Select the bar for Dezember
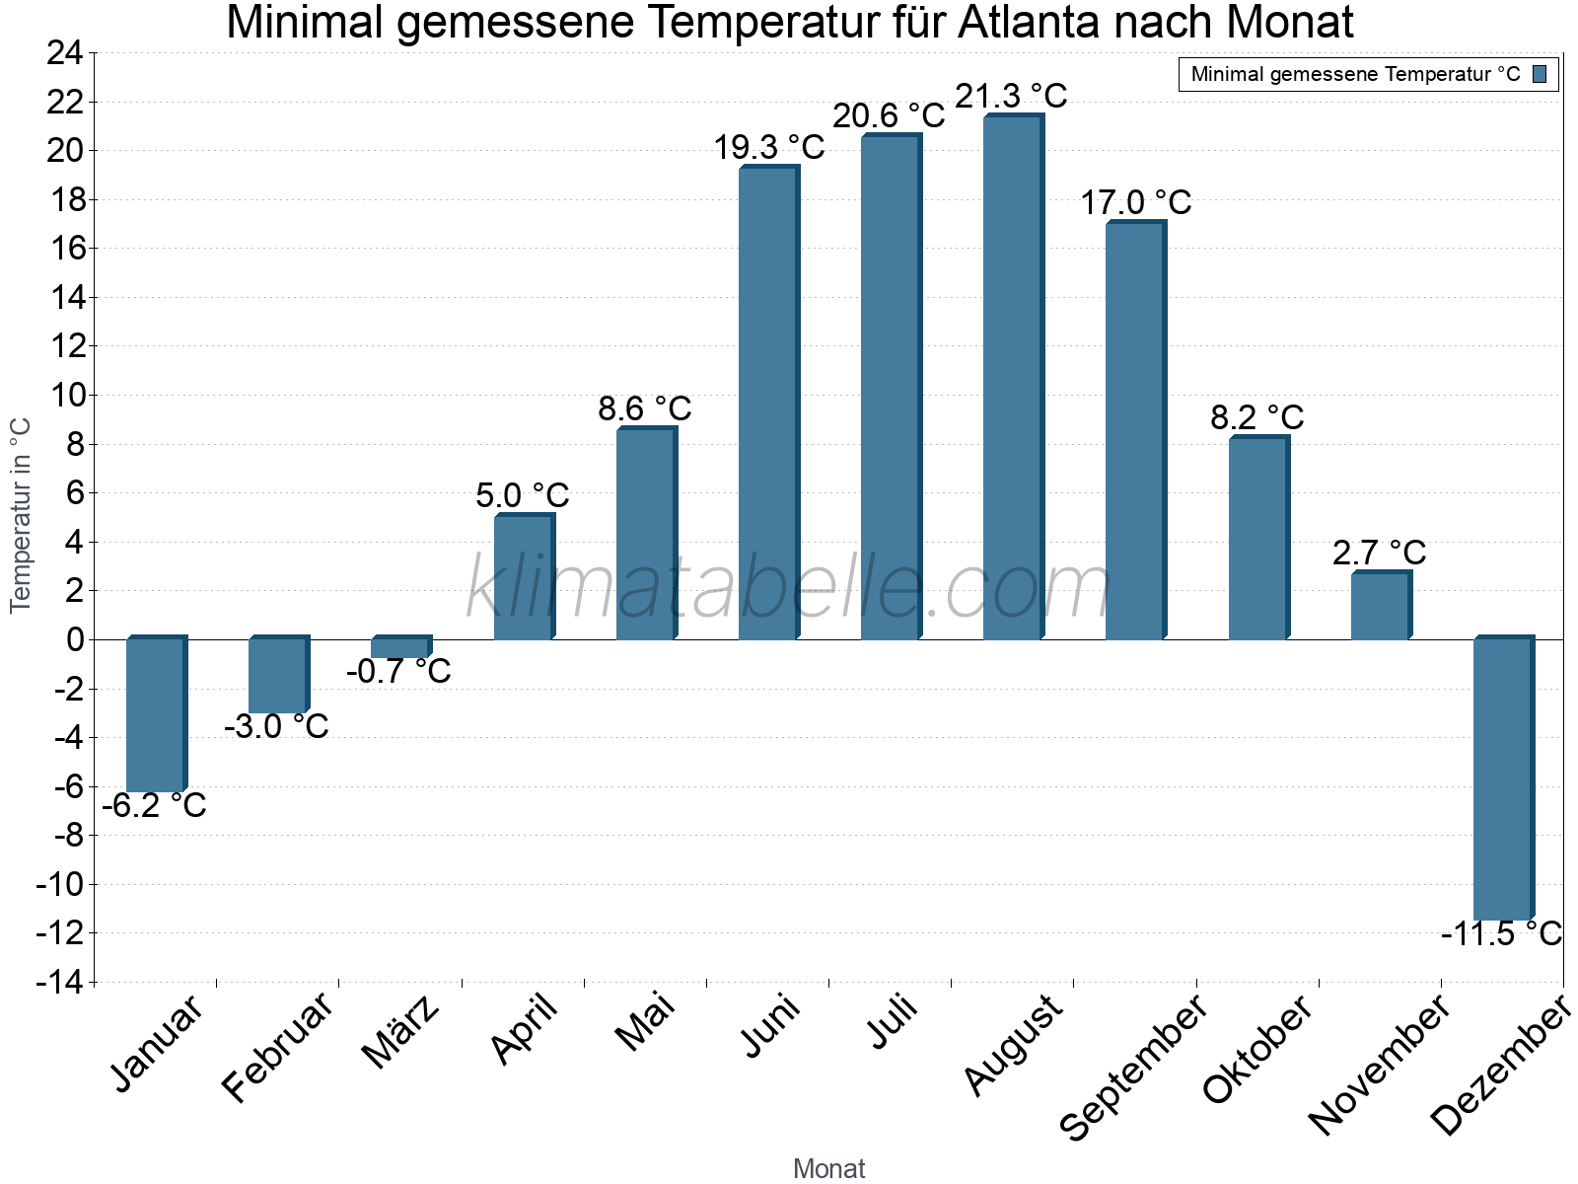coord(1502,779)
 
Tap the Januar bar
coord(155,714)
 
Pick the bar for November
coord(1380,606)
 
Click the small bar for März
coord(399,647)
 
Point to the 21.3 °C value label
coord(1011,97)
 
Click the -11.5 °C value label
coord(1501,933)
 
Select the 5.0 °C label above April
coord(522,495)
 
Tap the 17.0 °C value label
coord(1135,203)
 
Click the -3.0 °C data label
coord(276,727)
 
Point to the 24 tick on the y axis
coord(65,53)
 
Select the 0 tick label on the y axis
coord(75,639)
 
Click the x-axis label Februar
coord(278,1048)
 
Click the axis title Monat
coord(828,1169)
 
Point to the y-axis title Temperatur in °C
coord(21,514)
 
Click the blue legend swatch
coord(1540,74)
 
